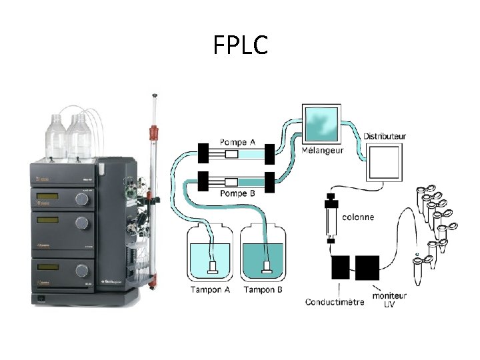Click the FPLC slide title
coord(241,45)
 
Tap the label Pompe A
coord(237,142)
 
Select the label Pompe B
coord(237,193)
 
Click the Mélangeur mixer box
coord(321,124)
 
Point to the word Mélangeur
coord(323,151)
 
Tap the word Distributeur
coord(385,137)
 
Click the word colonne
coord(357,217)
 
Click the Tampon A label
coord(209,289)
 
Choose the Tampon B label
coord(263,289)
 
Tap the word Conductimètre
coord(334,302)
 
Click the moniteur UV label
coord(390,299)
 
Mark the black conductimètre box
coord(340,267)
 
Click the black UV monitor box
coord(367,267)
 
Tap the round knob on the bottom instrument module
coord(82,269)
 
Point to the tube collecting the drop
coord(418,270)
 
